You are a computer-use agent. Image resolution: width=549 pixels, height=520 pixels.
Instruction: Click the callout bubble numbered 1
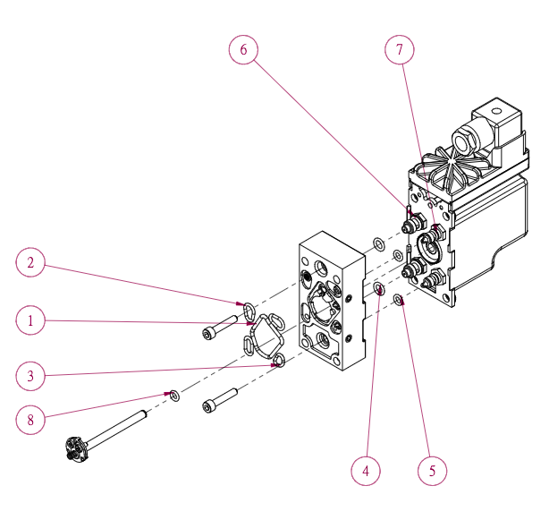coord(31,320)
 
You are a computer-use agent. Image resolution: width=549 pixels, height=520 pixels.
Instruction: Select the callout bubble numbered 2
coord(31,263)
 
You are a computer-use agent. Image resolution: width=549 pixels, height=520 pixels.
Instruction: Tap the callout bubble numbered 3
coord(31,376)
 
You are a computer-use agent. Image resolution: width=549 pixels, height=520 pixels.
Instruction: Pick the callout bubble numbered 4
coord(365,470)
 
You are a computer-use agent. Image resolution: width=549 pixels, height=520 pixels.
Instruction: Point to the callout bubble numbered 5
coord(432,470)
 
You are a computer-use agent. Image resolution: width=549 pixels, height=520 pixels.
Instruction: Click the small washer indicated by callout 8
coord(174,394)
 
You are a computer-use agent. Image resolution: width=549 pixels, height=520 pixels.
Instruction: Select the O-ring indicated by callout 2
coord(248,310)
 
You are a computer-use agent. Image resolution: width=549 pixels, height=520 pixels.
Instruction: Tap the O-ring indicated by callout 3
coord(280,361)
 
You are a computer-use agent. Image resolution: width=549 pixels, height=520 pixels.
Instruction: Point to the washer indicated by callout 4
coord(379,288)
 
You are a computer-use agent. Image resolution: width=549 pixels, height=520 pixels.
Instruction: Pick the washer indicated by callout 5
coord(399,298)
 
